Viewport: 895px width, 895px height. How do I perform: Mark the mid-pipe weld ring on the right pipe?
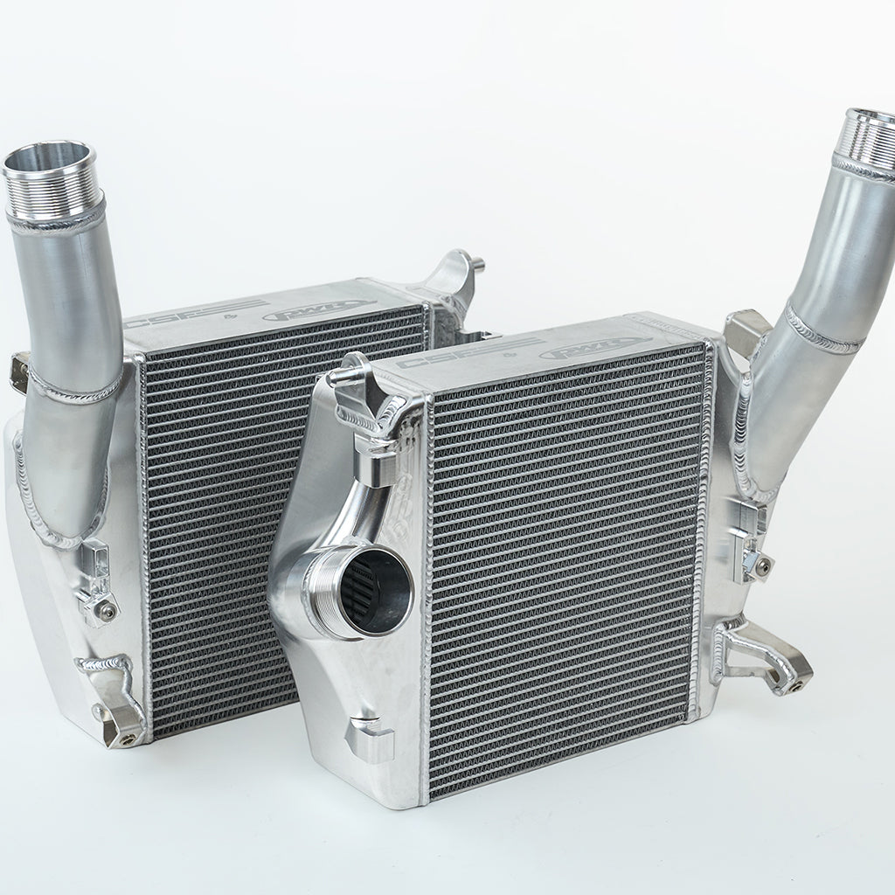[x=822, y=328]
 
